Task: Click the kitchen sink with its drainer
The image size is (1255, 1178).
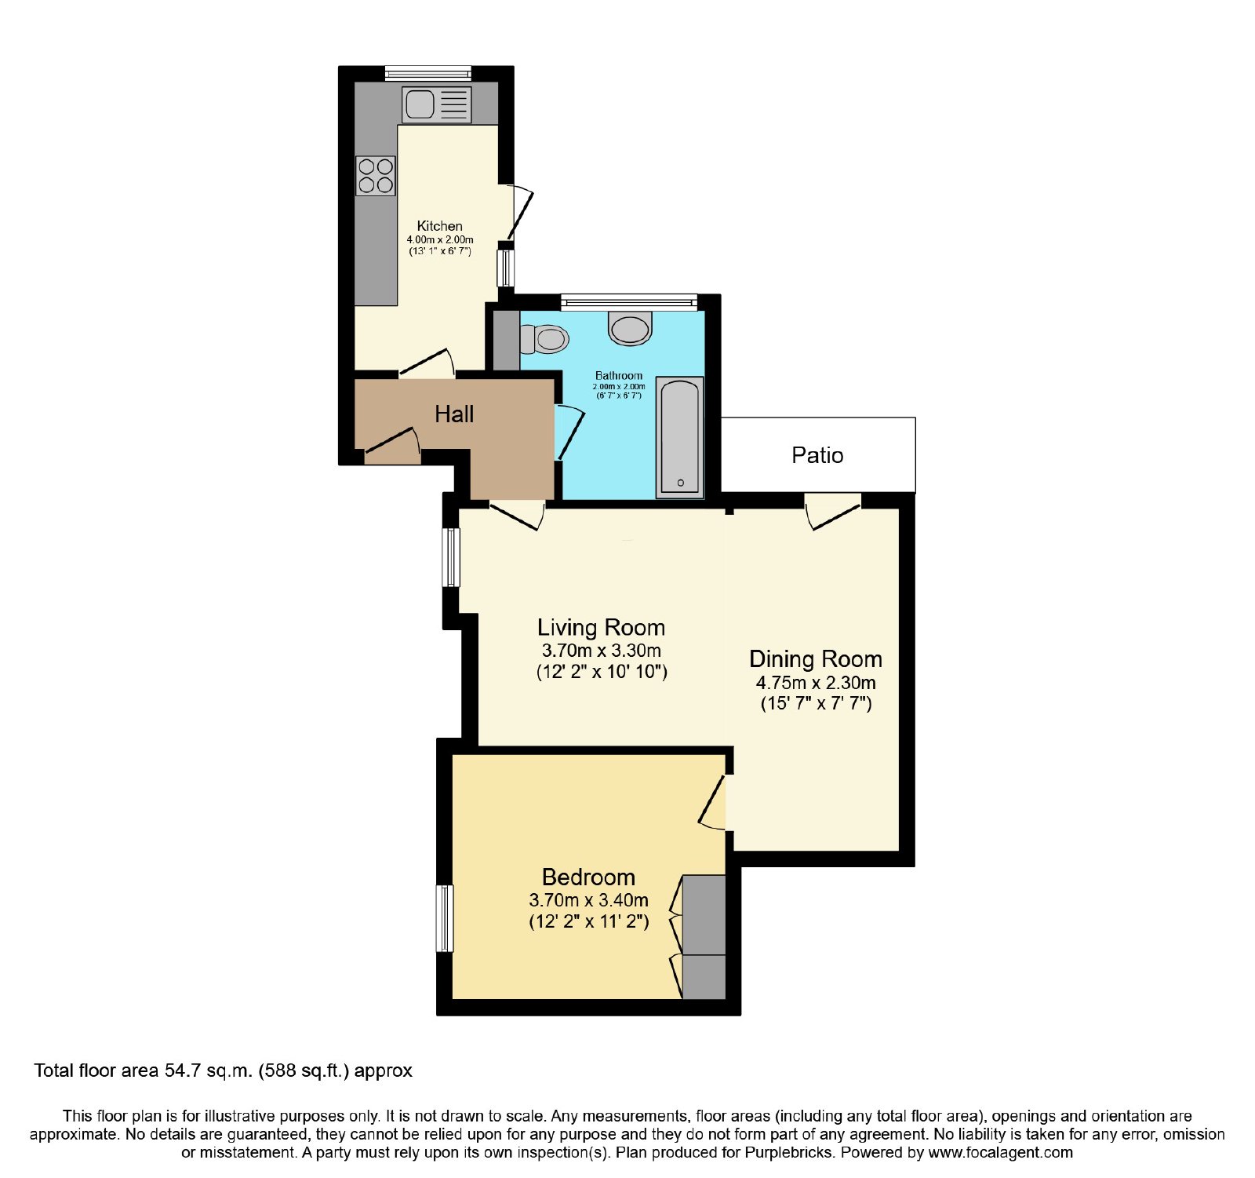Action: [436, 104]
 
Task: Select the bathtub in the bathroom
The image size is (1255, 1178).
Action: [679, 437]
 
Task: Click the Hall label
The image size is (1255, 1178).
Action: [454, 414]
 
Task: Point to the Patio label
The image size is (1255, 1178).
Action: [817, 455]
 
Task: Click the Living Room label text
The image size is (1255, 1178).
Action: [601, 628]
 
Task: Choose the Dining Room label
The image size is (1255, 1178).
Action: [816, 659]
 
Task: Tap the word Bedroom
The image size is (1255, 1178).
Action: [588, 877]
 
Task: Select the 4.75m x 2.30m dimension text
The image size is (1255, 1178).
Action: [816, 683]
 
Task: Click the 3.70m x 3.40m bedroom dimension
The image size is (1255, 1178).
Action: [589, 900]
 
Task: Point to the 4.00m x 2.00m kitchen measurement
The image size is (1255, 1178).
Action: [440, 239]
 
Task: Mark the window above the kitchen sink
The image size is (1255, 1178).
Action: [428, 74]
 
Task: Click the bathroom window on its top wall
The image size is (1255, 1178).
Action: [629, 301]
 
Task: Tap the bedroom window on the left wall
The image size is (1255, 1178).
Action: [445, 918]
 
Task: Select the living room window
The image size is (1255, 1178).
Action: [451, 557]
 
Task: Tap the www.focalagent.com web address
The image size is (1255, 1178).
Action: [1001, 1153]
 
